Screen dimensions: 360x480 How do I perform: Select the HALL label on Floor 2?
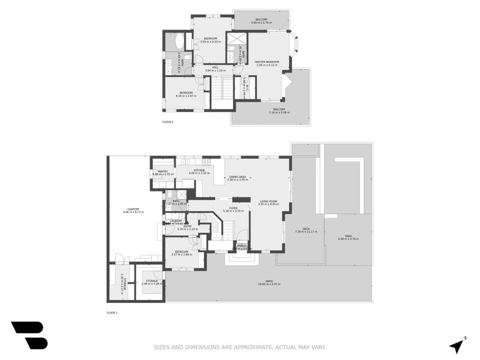[x=215, y=67]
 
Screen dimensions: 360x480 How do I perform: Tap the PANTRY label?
[x=162, y=171]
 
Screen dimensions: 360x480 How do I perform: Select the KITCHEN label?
[x=199, y=170]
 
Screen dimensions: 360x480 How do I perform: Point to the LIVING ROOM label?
[x=268, y=201]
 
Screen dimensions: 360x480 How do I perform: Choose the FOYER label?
[x=233, y=208]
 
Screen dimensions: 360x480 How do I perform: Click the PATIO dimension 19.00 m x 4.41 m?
[x=269, y=284]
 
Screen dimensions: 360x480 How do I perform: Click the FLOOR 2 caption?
[x=167, y=122]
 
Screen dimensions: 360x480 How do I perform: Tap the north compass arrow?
[x=457, y=347]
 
